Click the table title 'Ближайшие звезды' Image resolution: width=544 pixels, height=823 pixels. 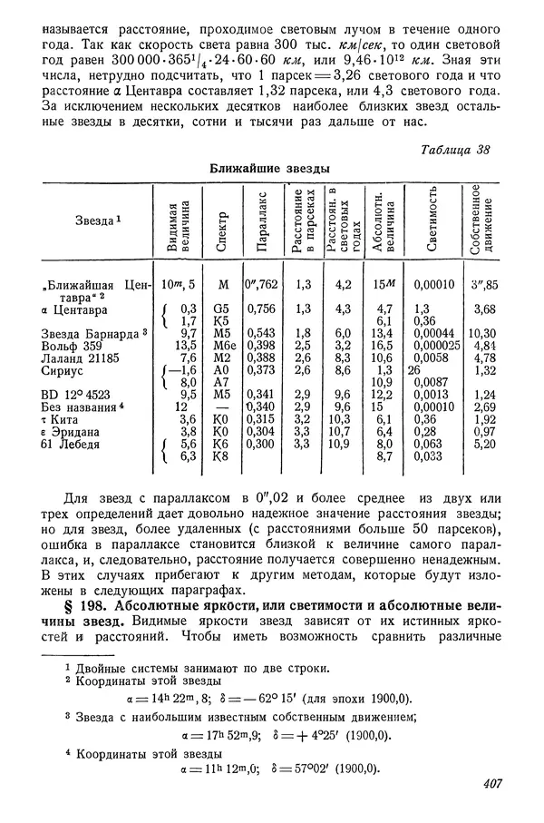(269, 168)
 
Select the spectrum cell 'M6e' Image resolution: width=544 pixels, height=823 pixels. (223, 345)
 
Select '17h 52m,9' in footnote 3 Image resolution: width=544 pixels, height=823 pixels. (220, 734)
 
